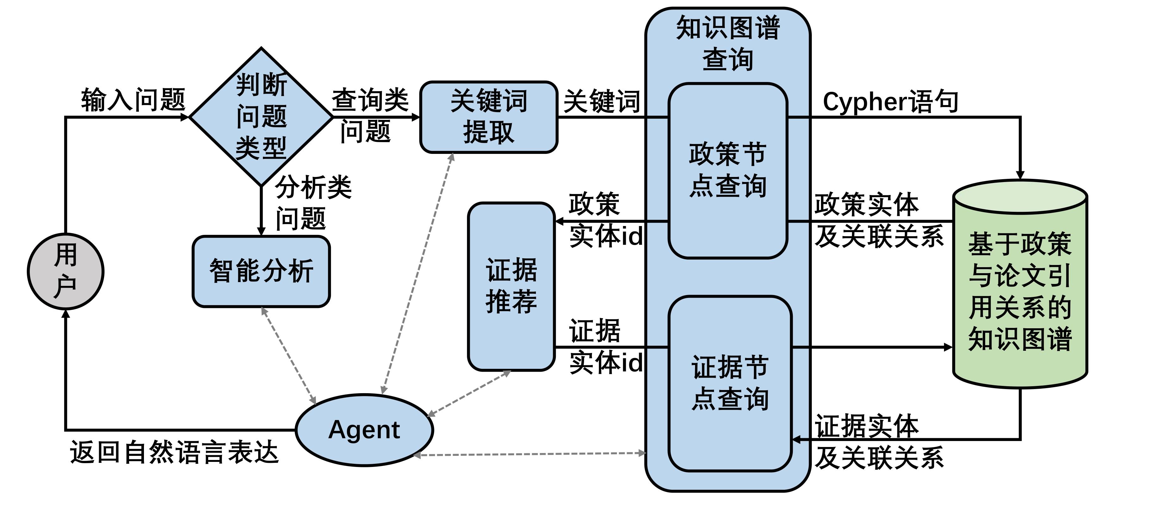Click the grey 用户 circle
(x=65, y=271)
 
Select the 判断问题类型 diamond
(x=261, y=116)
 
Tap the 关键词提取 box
(x=489, y=117)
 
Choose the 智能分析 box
(x=261, y=271)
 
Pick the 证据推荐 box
(x=511, y=286)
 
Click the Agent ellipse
(x=364, y=430)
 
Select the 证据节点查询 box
(x=730, y=383)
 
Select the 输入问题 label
(x=133, y=100)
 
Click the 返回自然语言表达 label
(x=174, y=452)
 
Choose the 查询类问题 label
(x=369, y=115)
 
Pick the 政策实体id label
(x=605, y=220)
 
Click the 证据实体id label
(x=605, y=346)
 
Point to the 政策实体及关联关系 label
(x=879, y=220)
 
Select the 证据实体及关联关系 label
(x=879, y=441)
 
